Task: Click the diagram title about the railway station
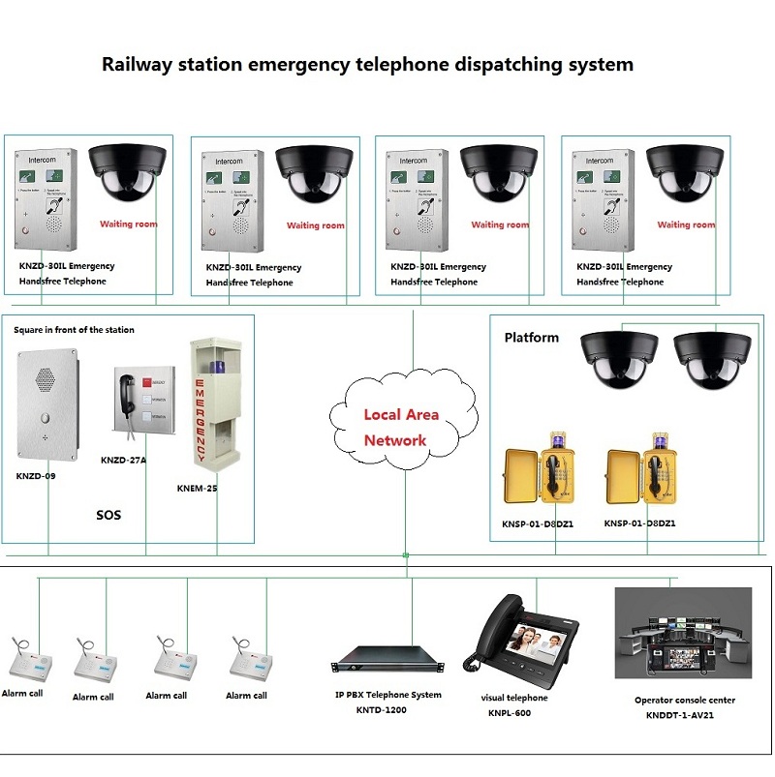pos(368,65)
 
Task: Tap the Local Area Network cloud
pos(402,427)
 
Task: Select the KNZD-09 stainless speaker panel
pos(46,405)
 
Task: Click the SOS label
pos(108,515)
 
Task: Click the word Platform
pos(531,338)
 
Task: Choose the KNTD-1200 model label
pos(382,710)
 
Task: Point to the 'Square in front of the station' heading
pos(74,330)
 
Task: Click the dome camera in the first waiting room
pos(129,171)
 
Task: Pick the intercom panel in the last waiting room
pos(601,198)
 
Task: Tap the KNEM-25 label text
pos(197,488)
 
